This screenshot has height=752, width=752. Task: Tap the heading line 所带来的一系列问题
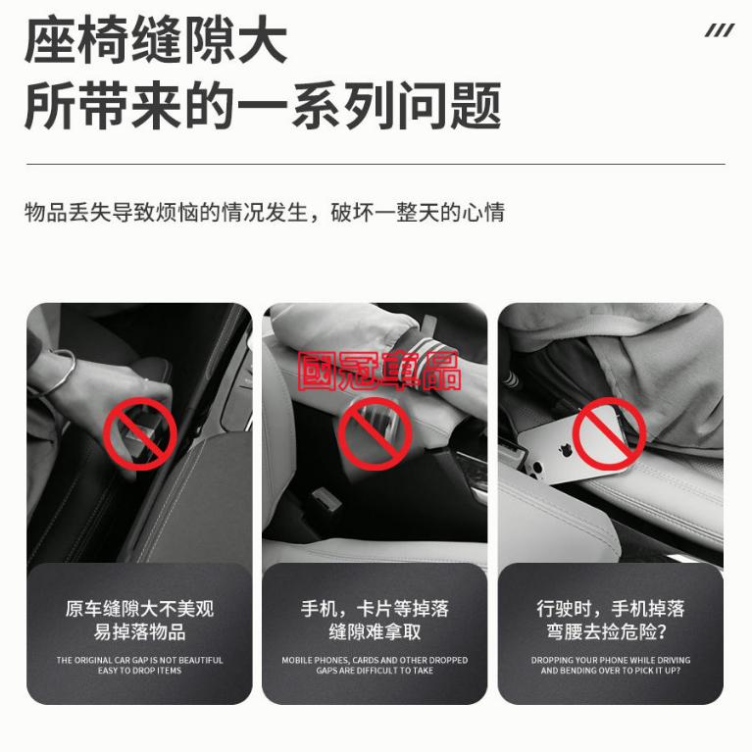[x=262, y=106]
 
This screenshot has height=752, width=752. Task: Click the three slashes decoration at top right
[x=719, y=30]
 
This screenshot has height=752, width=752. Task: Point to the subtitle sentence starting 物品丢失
[x=265, y=212]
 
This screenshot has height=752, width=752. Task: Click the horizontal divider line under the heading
[x=376, y=164]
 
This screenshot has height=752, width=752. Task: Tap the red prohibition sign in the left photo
[x=139, y=432]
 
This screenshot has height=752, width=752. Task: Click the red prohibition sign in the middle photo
[x=374, y=431]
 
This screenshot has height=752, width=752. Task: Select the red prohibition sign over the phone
[x=609, y=431]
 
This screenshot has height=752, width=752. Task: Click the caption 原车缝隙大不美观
[x=139, y=609]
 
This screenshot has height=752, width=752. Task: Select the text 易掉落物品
[x=139, y=632]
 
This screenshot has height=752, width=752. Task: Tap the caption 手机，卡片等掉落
[x=375, y=609]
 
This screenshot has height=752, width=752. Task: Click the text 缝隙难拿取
[x=375, y=632]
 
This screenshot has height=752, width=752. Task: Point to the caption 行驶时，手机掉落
[x=610, y=609]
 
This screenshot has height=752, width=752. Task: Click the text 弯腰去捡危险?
[x=610, y=632]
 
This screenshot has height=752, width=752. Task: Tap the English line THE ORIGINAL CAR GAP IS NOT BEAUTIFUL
[x=139, y=660]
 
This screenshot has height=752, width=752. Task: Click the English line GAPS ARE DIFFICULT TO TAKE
[x=375, y=671]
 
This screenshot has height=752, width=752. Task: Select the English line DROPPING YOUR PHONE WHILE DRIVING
[x=610, y=660]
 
